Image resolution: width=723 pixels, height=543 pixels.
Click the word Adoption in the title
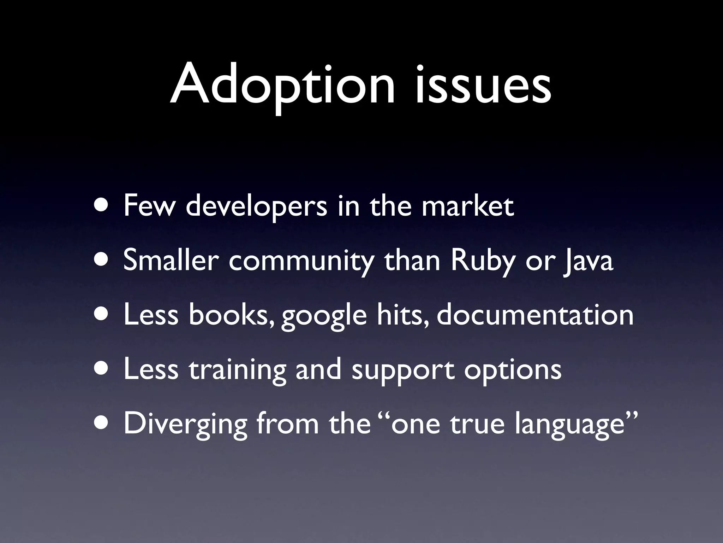[x=282, y=85]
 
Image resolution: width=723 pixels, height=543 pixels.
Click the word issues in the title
[x=483, y=85]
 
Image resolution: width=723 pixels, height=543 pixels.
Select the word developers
[x=256, y=207]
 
